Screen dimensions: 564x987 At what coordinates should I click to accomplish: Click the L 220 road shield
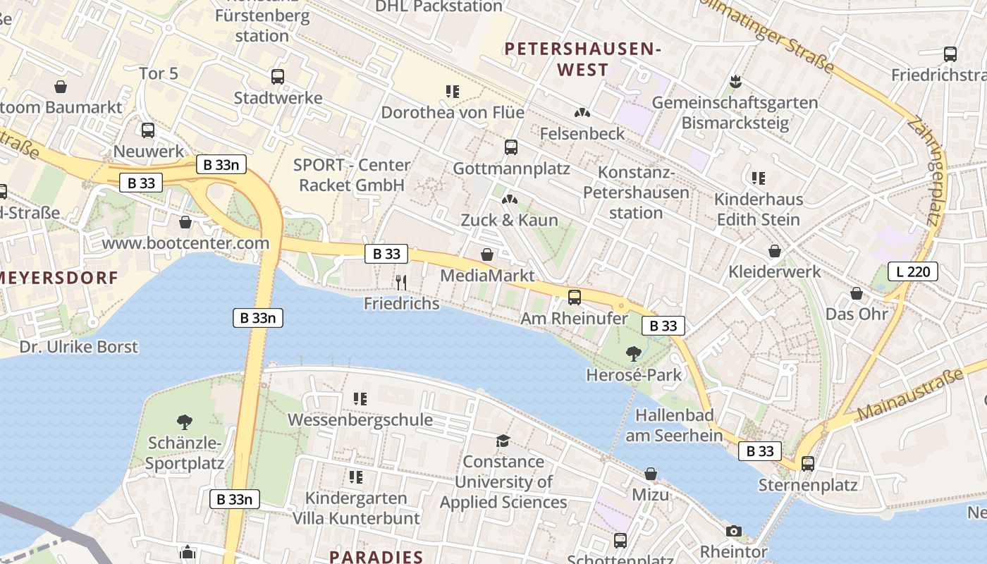(912, 271)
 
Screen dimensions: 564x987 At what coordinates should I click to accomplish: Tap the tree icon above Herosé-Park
(633, 353)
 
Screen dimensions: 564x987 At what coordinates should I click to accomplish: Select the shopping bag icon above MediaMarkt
(486, 255)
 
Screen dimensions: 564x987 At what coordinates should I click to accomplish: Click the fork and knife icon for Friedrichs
(401, 283)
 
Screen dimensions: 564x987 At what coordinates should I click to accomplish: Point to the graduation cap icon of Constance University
(503, 441)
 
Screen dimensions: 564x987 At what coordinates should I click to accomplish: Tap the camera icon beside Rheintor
(734, 531)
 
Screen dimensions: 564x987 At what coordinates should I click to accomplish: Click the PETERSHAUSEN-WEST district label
(582, 59)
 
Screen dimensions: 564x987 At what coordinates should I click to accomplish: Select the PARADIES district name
(376, 556)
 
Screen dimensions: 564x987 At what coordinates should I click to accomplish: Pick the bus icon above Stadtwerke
(278, 77)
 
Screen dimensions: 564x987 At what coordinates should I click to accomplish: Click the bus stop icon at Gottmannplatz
(511, 147)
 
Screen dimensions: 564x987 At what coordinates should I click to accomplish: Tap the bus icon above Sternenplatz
(808, 464)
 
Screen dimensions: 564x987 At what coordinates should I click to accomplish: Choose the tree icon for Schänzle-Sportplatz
(185, 422)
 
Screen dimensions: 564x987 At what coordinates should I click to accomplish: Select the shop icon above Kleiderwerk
(774, 251)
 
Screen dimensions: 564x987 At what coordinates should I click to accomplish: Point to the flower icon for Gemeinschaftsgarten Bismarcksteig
(735, 81)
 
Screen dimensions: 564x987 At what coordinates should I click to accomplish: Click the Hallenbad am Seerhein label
(674, 425)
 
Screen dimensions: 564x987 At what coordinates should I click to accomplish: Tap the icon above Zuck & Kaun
(508, 200)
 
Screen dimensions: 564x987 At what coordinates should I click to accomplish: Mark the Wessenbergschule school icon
(360, 399)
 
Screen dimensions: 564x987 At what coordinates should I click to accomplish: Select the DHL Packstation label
(439, 6)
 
